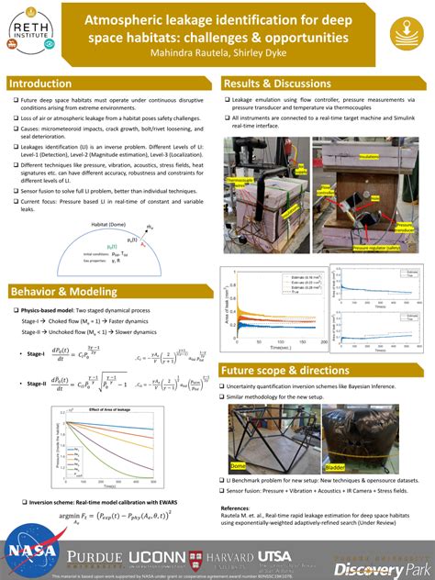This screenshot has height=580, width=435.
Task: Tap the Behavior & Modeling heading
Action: point(64,292)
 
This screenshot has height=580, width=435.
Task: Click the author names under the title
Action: point(217,52)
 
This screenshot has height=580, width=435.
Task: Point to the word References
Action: point(240,507)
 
